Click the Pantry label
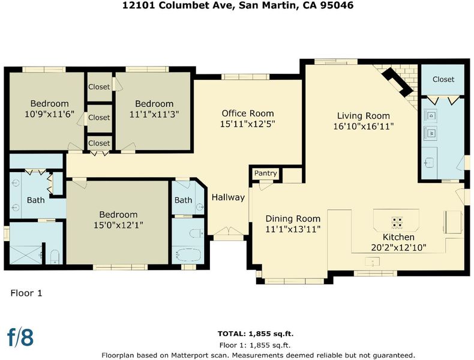[x=265, y=173]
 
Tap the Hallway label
[x=228, y=197]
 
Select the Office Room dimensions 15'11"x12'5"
[x=248, y=124]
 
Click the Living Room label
[x=364, y=116]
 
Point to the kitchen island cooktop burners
[x=397, y=222]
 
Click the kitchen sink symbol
[x=373, y=262]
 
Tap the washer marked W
[x=430, y=133]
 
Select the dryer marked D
[x=430, y=116]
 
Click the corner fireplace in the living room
[x=397, y=81]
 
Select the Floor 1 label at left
[x=26, y=293]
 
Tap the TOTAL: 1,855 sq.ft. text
[x=256, y=334]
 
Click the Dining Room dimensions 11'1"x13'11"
[x=293, y=229]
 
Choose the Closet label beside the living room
[x=443, y=79]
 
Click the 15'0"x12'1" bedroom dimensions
[x=118, y=225]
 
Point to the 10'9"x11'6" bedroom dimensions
[x=50, y=114]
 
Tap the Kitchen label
[x=398, y=237]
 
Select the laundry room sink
[x=428, y=163]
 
